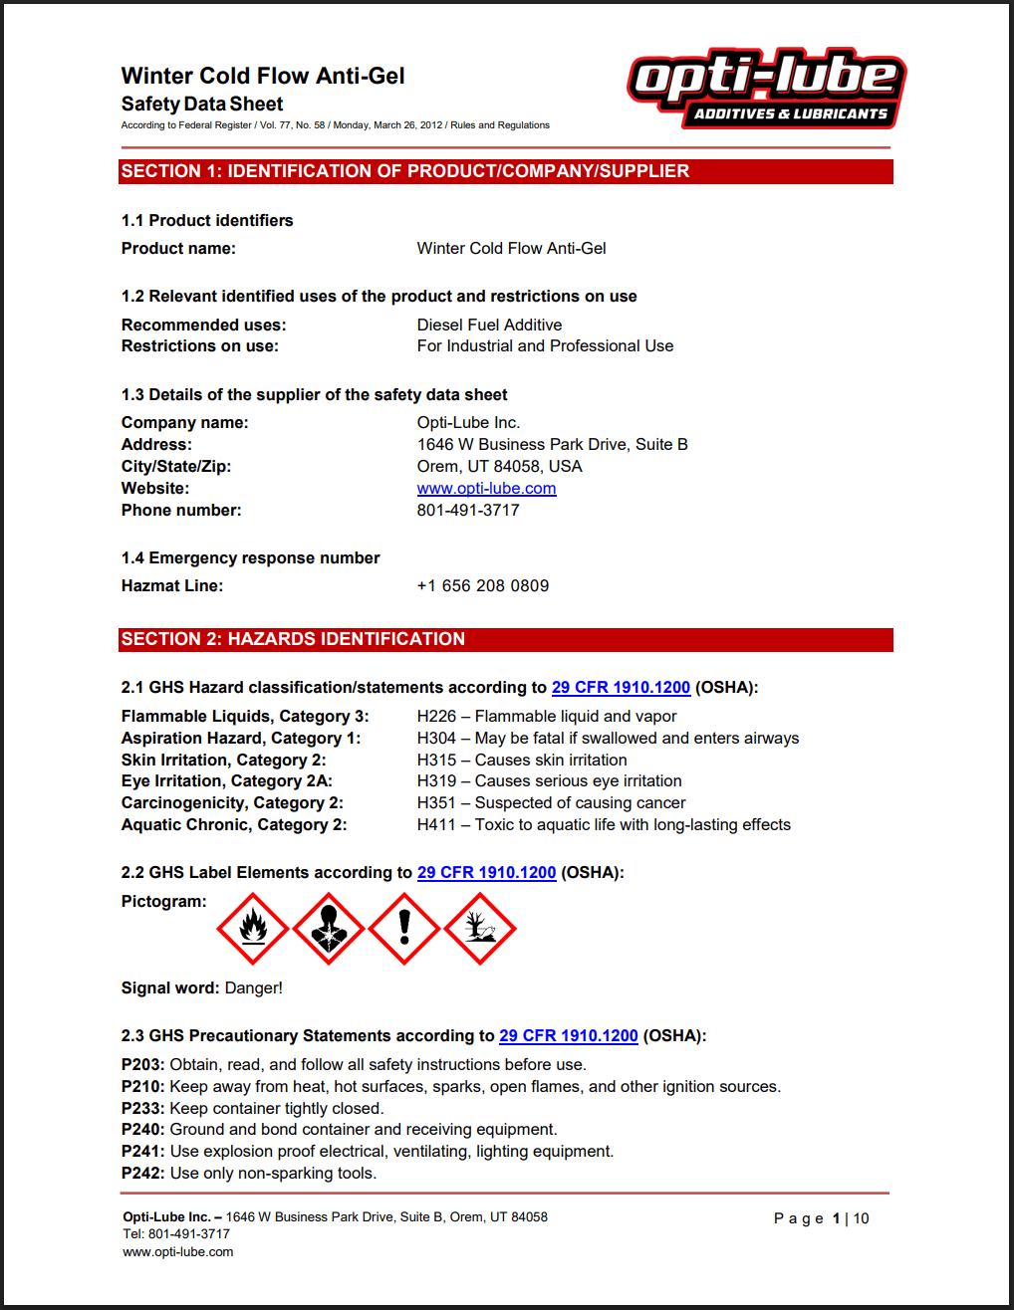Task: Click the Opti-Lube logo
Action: [766, 89]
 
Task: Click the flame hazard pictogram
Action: [253, 929]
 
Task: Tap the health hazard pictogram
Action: [329, 929]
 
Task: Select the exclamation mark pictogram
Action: [404, 929]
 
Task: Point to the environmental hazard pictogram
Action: [480, 929]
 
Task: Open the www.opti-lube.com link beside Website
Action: [486, 489]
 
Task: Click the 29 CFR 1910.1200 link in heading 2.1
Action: [621, 688]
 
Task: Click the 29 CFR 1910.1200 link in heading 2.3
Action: [568, 1036]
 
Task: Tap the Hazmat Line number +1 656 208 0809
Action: [483, 586]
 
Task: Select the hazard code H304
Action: [436, 739]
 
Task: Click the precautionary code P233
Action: [142, 1109]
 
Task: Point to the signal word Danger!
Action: [253, 988]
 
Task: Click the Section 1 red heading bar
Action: [505, 171]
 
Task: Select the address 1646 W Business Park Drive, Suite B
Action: [552, 445]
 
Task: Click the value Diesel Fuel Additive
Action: [489, 326]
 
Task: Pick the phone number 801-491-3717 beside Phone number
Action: [468, 511]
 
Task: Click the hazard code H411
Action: [436, 825]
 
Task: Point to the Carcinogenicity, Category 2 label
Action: [232, 803]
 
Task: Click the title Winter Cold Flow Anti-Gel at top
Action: [263, 77]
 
